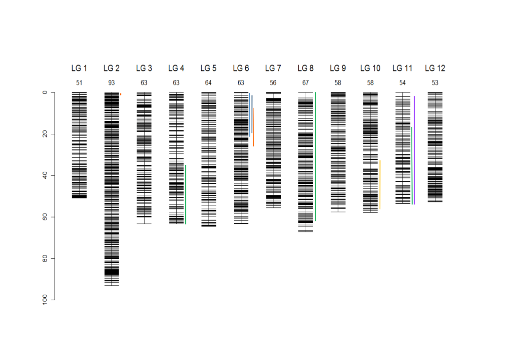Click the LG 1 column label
(79, 68)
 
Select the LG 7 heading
(273, 68)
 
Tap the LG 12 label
(435, 68)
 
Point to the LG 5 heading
(208, 68)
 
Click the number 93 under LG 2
(111, 83)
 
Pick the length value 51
(79, 83)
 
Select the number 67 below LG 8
(305, 83)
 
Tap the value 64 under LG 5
(208, 83)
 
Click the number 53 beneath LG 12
(435, 83)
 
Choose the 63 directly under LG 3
(144, 83)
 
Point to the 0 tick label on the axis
(45, 92)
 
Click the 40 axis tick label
(45, 175)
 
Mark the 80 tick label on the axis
(45, 258)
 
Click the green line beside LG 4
(185, 194)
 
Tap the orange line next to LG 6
(253, 127)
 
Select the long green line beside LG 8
(315, 157)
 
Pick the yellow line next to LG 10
(380, 185)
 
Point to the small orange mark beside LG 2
(121, 94)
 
